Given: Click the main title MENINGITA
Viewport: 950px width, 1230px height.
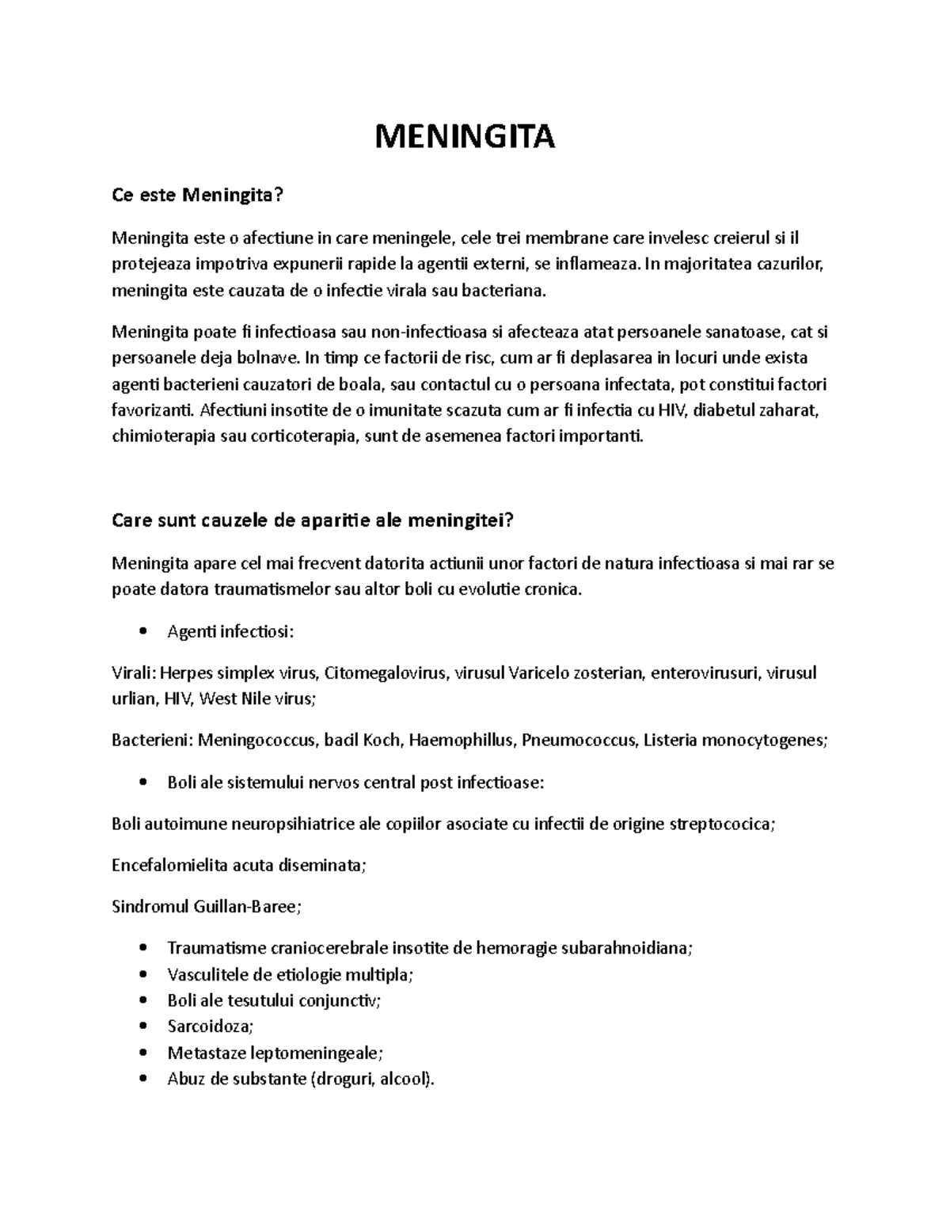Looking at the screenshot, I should [x=465, y=137].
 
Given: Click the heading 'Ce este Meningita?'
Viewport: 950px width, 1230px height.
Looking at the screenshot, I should [x=197, y=195].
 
